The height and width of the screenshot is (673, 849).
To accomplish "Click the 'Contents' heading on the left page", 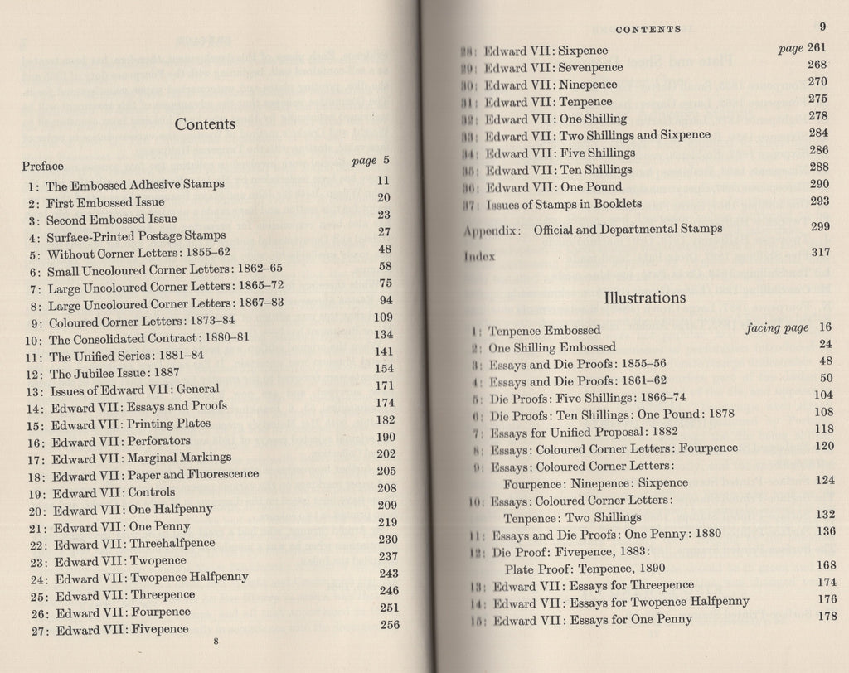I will tap(205, 124).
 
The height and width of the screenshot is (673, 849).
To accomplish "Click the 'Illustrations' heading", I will tap(644, 296).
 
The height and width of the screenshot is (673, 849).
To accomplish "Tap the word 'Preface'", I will tap(42, 166).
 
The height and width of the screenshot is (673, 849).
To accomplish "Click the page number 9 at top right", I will tap(823, 27).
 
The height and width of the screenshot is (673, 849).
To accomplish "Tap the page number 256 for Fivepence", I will tap(390, 625).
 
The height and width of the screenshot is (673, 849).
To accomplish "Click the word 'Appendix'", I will tap(491, 230).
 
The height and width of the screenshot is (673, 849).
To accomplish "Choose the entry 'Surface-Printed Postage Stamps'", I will tap(124, 235).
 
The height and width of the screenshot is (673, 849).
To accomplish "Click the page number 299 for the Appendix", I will tap(819, 227).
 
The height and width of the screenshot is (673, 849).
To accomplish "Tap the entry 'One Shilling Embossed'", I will tap(551, 347).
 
